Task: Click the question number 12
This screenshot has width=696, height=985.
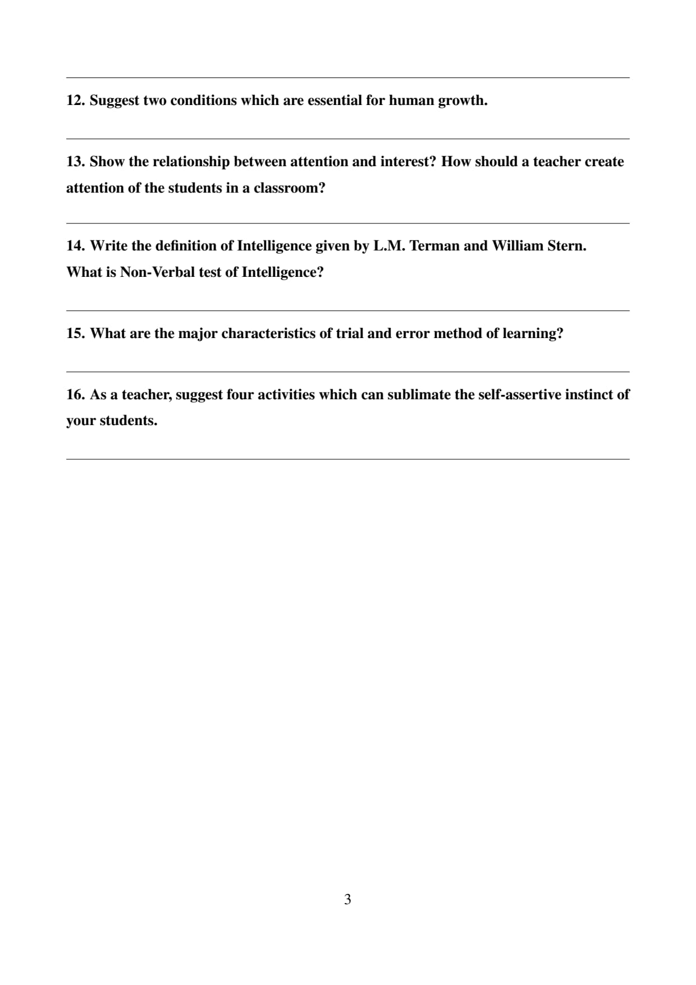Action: point(76,101)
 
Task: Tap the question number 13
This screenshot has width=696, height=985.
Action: point(76,162)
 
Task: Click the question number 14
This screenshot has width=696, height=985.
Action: point(76,246)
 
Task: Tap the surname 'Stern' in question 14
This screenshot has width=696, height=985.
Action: point(565,246)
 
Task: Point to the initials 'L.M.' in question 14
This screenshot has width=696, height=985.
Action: point(389,246)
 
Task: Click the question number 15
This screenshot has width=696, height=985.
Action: point(76,334)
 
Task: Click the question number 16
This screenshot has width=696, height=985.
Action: point(76,395)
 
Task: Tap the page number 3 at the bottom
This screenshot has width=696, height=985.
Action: point(347,900)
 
